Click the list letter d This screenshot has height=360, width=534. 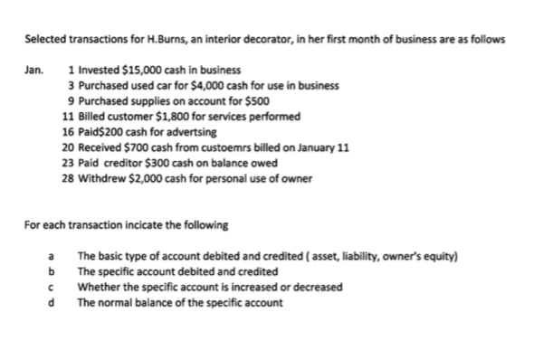[52, 302]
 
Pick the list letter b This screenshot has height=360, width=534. [52, 271]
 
